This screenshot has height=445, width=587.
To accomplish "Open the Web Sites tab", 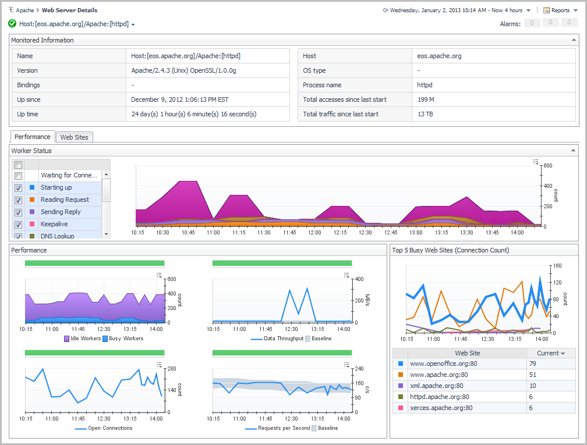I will click(x=75, y=137).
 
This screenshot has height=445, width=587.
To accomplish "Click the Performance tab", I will click(x=33, y=137).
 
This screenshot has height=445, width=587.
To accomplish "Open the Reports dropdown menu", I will click(x=560, y=10).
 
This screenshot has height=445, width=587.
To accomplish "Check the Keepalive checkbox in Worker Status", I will click(x=18, y=225).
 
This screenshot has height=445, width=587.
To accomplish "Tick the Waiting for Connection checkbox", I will click(x=18, y=176).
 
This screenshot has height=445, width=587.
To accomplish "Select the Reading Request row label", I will click(x=65, y=200).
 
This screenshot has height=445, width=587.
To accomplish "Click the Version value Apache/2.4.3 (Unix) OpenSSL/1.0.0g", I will click(x=183, y=71).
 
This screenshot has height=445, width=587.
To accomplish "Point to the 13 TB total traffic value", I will click(x=425, y=115).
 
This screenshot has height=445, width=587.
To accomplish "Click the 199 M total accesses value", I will click(x=426, y=100).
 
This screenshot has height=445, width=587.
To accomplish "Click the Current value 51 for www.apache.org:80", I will click(x=532, y=375).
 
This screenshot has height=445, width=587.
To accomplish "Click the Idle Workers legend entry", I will click(x=82, y=339).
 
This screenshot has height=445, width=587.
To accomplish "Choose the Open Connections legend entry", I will click(x=109, y=428).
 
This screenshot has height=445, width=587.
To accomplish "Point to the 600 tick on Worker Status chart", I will click(x=547, y=166).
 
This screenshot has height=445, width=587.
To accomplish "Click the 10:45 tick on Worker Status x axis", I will click(x=188, y=233).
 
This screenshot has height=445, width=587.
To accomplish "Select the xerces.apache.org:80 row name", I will click(x=441, y=408).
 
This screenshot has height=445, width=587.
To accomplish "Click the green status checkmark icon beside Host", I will click(x=12, y=24).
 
